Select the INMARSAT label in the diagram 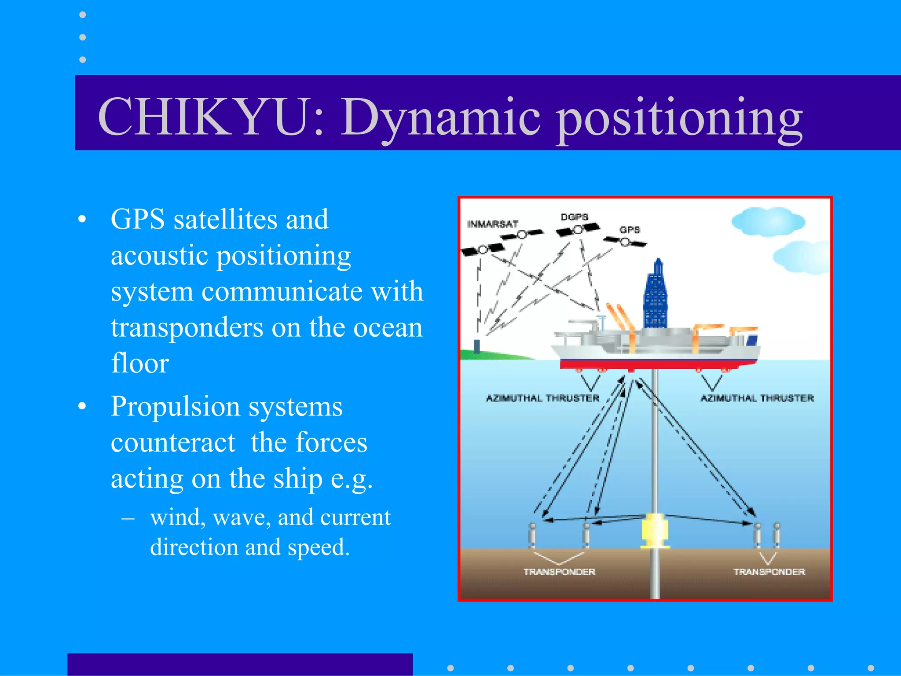492,224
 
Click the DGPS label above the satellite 574,217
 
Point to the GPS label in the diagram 630,230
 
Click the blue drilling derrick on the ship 656,297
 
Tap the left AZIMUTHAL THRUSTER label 542,398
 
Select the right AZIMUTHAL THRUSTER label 757,398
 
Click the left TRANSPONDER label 559,572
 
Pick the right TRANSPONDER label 769,572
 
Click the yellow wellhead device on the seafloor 655,530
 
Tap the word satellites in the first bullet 226,219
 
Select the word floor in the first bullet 140,363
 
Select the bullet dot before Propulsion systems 82,406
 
